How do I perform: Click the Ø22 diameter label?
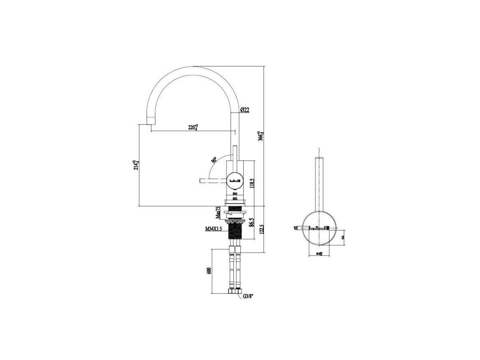coord(245,109)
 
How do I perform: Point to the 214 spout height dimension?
coord(136,165)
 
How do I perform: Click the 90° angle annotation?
coord(213,160)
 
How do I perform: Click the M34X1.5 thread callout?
coord(213,229)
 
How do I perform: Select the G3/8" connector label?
coord(248,296)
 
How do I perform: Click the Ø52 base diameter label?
coord(235,199)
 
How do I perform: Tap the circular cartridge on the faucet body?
coord(235,180)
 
